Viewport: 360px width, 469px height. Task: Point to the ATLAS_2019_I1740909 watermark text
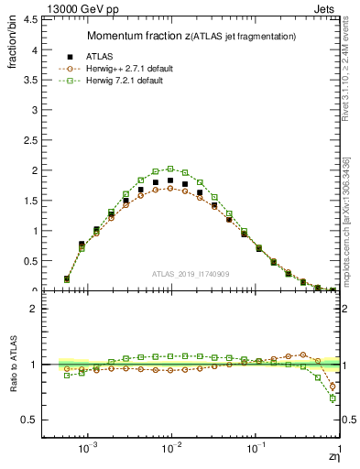190,273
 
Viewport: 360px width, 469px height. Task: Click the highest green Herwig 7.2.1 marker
170,169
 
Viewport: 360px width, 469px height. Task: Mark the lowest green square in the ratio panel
332,398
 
